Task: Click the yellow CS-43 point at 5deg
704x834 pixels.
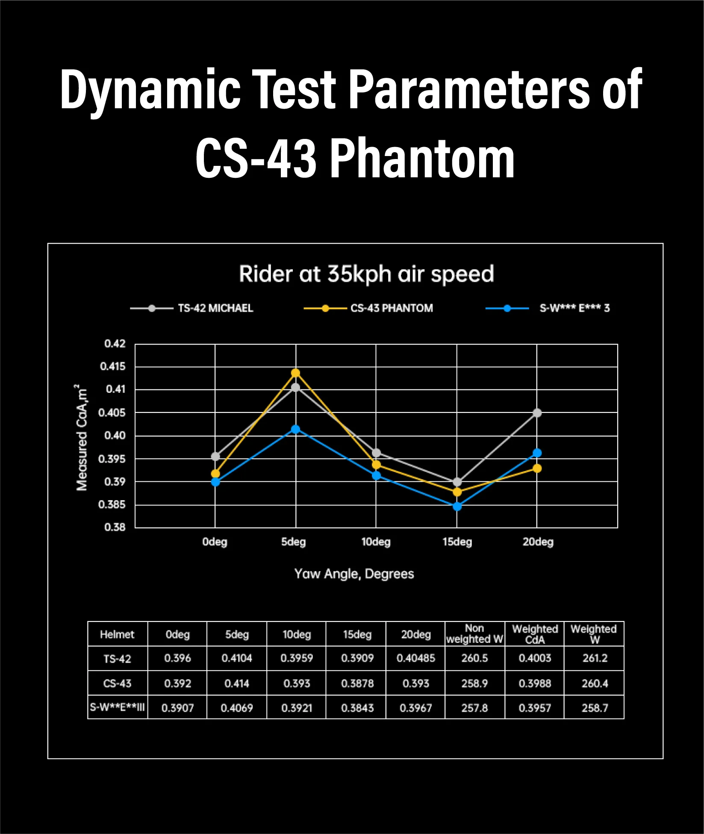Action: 295,373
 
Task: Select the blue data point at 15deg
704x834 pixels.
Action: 457,506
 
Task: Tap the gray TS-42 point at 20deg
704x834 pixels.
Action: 537,413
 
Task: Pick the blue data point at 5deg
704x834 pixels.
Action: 295,429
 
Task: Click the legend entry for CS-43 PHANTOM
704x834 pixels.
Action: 391,308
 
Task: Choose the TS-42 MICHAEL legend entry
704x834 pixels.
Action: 215,308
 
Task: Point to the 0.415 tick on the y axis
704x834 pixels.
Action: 113,366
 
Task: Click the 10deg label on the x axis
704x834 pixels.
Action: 376,542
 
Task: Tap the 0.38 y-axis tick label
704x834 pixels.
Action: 115,527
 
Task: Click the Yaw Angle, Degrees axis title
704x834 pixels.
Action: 354,574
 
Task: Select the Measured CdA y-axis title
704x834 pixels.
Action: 82,438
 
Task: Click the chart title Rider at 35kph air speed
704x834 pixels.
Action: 366,274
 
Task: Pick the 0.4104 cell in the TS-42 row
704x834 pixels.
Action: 237,658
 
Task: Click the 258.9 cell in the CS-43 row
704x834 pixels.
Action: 474,683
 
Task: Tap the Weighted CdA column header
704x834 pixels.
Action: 535,634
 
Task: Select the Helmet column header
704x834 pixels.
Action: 117,634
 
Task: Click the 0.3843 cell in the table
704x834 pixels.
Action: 357,708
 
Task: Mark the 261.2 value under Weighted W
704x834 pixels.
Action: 595,658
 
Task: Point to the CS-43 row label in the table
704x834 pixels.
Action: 117,683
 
